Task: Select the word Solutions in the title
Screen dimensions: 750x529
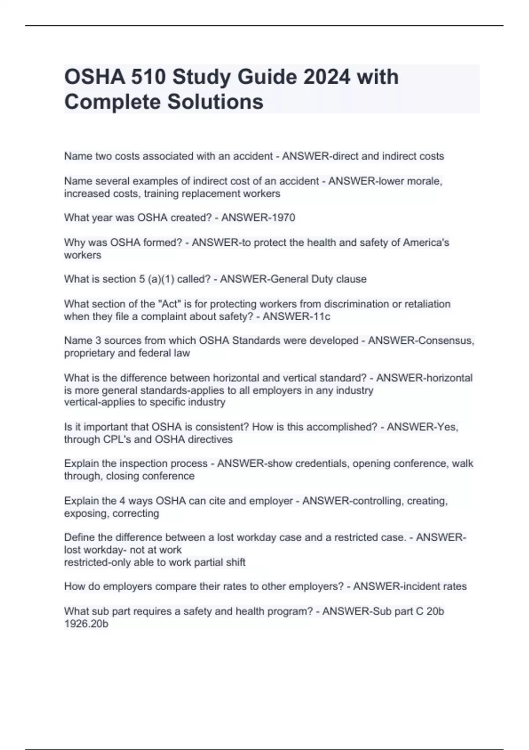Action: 215,102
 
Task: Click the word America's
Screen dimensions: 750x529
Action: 426,243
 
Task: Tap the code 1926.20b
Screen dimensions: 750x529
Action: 86,624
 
